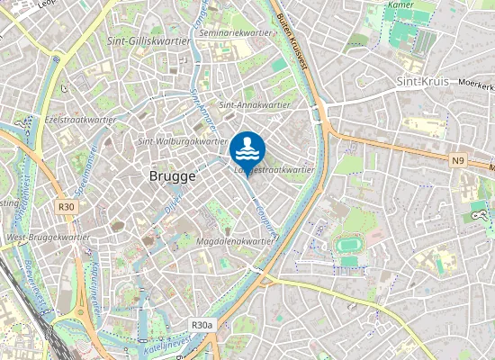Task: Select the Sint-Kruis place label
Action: [422, 81]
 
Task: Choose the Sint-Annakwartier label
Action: [255, 104]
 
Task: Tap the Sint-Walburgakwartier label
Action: [183, 140]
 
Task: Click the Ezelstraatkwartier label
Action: [78, 119]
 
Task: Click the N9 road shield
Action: [459, 160]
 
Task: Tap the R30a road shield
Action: [202, 325]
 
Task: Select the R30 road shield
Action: [66, 206]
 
